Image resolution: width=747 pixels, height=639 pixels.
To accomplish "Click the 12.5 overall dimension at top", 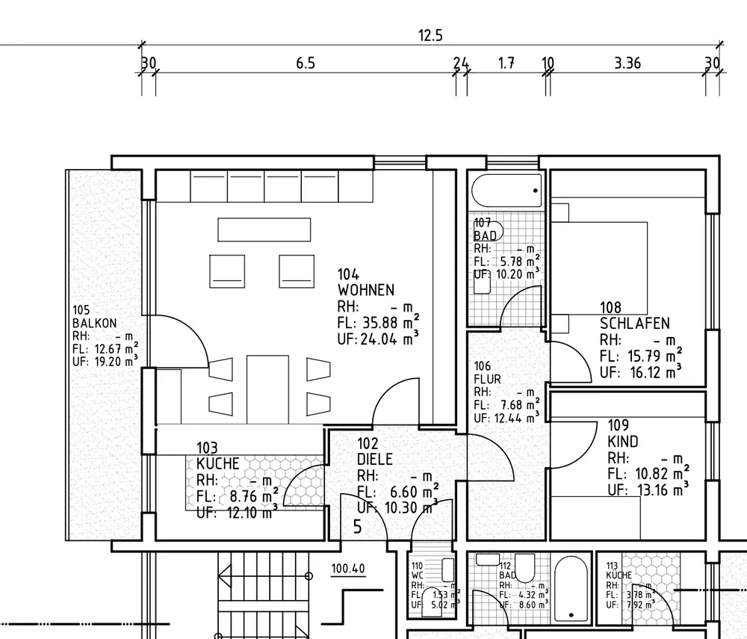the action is (x=430, y=35).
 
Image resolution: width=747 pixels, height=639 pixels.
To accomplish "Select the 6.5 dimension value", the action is (x=306, y=64).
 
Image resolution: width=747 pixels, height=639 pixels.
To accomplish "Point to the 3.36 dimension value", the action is (x=627, y=64).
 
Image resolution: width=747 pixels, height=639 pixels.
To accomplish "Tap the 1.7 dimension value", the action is (x=506, y=64).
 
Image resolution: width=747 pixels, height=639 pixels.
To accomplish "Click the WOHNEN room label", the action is (x=366, y=290).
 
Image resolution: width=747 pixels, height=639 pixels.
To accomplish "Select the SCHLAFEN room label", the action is (x=634, y=324).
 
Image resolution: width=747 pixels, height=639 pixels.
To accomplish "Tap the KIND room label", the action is (x=623, y=442).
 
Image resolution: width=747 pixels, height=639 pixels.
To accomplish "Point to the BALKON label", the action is (x=94, y=324).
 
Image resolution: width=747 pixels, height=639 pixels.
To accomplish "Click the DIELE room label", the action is (x=374, y=460).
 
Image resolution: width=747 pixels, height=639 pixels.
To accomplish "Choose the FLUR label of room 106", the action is (x=487, y=379).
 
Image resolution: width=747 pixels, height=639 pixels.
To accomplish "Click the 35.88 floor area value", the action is (x=379, y=324).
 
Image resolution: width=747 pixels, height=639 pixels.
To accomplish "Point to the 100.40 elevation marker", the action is (x=348, y=569).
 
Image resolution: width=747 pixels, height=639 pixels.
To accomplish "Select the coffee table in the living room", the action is (x=264, y=229).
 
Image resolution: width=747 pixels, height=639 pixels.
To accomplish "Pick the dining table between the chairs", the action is (x=267, y=386).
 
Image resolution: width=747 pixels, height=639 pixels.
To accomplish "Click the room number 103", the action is (x=207, y=448).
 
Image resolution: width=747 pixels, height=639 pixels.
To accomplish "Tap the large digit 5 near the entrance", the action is (x=357, y=527).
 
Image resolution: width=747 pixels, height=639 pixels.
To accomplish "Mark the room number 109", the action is (x=619, y=426).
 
